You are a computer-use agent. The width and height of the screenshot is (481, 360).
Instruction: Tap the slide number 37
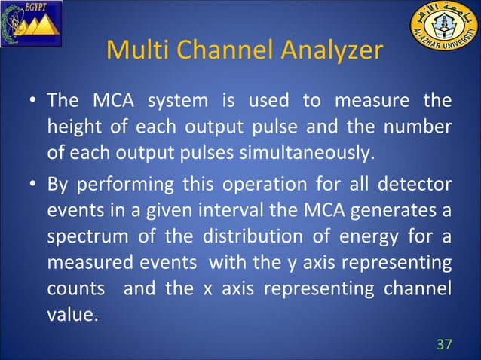point(445,344)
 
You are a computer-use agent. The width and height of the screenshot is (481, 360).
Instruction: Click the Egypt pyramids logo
point(30,23)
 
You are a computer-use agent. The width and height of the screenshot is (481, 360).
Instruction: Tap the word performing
point(124,185)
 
